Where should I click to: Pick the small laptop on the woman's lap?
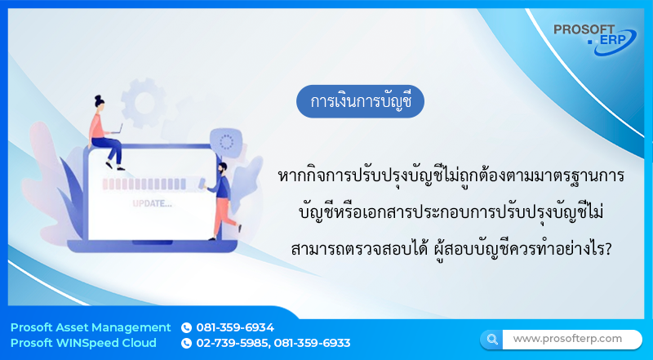click(x=117, y=131)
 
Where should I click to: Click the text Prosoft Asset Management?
click(x=91, y=327)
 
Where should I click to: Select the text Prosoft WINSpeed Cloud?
click(x=83, y=343)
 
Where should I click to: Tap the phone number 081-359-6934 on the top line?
click(x=235, y=327)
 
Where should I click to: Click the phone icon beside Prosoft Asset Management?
click(x=186, y=327)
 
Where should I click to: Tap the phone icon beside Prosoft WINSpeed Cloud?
click(x=186, y=343)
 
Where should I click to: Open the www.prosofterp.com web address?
click(x=567, y=338)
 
